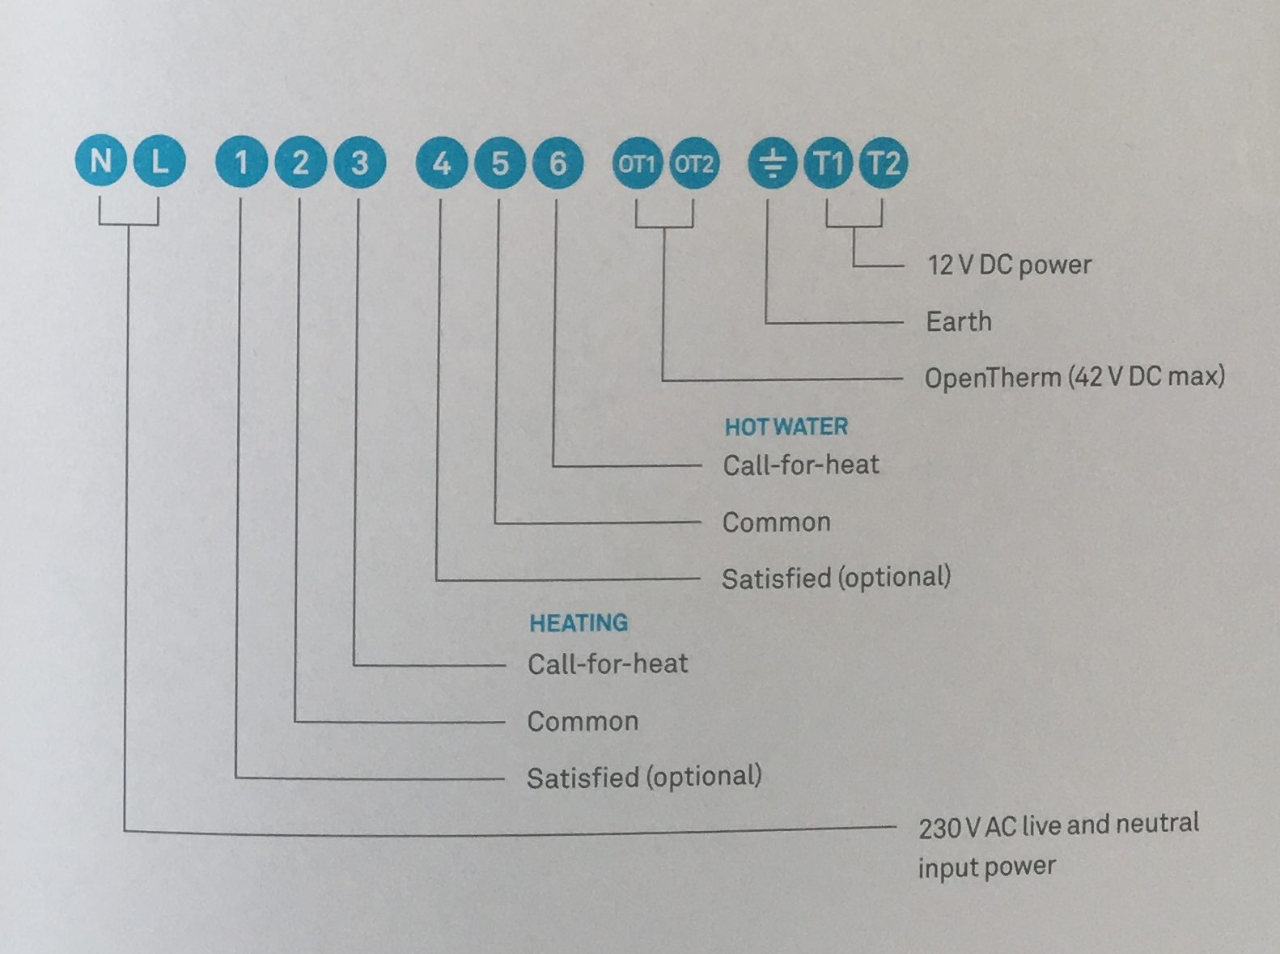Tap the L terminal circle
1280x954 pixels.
tap(159, 161)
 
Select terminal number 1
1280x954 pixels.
tap(241, 162)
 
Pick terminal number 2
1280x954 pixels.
tap(300, 162)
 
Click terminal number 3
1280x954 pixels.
tap(360, 163)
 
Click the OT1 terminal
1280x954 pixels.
tap(637, 164)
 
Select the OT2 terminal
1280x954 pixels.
tap(693, 164)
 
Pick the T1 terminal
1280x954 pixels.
tap(828, 163)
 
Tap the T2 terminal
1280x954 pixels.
tap(883, 163)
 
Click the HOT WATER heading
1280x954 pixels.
tap(786, 427)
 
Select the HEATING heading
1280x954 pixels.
tap(579, 623)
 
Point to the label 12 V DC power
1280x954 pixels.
tap(1010, 265)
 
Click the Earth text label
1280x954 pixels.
tap(959, 321)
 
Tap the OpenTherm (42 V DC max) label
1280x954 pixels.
tap(1074, 377)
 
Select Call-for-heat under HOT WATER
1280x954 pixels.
tap(801, 465)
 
